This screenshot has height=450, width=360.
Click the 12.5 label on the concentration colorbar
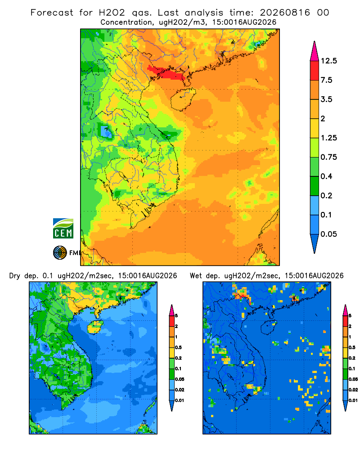pyautogui.click(x=328, y=61)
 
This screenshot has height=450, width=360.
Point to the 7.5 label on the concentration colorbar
pyautogui.click(x=326, y=80)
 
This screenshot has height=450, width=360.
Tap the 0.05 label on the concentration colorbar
pyautogui.click(x=328, y=234)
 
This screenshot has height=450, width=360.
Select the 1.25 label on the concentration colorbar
pyautogui.click(x=328, y=138)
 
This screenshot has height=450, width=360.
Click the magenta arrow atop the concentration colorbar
pyautogui.click(x=315, y=52)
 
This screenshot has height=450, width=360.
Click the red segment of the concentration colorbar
pyautogui.click(x=315, y=71)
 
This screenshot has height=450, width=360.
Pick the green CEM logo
pyautogui.click(x=63, y=229)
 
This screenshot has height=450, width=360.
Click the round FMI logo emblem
pyautogui.click(x=60, y=253)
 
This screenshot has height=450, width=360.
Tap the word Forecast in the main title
pyautogui.click(x=52, y=13)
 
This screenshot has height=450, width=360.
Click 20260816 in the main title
pyautogui.click(x=285, y=13)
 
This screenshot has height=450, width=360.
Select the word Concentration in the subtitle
pyautogui.click(x=126, y=22)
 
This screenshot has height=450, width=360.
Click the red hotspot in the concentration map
pyautogui.click(x=166, y=72)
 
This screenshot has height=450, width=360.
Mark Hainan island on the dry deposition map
pyautogui.click(x=95, y=327)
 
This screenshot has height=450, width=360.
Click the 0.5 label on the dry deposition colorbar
pyautogui.click(x=178, y=347)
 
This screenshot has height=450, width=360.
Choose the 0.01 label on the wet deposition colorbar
pyautogui.click(x=353, y=400)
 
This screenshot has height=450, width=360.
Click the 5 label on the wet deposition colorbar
pyautogui.click(x=350, y=316)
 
